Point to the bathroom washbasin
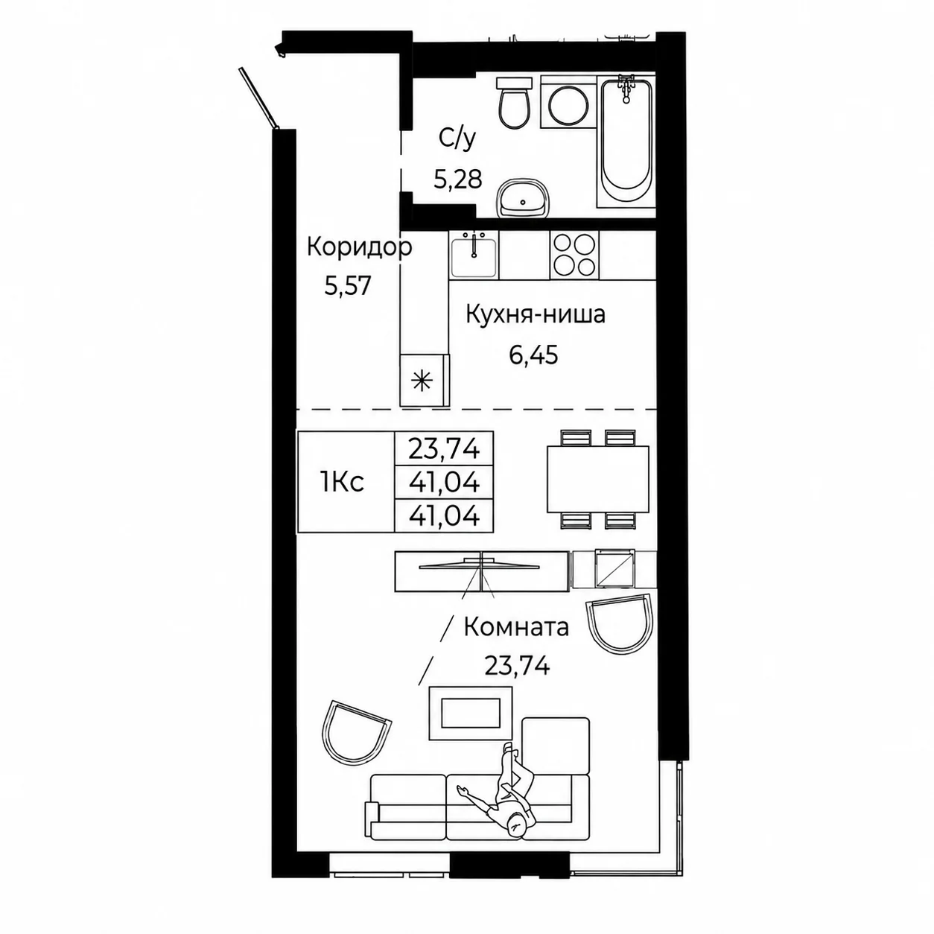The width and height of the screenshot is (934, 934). point(524,198)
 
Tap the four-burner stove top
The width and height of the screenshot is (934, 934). point(574,255)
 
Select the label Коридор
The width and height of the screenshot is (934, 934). point(359,248)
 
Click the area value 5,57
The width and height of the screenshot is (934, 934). point(348,285)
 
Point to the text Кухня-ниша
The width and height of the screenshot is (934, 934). point(536,314)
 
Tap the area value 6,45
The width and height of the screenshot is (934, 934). point(533,355)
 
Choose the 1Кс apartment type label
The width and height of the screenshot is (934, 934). point(342,483)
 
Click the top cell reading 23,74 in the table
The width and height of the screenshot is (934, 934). point(444,448)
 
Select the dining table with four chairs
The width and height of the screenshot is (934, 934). point(597,479)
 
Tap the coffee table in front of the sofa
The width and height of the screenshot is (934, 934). point(470,713)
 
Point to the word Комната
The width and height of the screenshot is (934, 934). point(516,628)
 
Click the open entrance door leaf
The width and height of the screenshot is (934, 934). point(260,98)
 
